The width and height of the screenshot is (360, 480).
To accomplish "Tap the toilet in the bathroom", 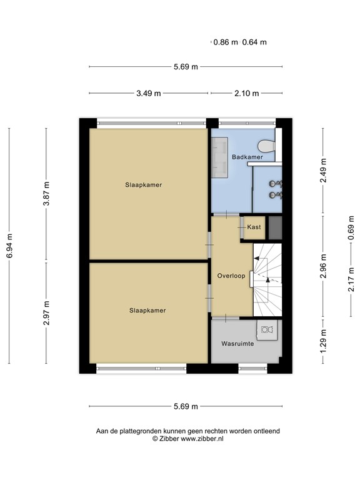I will click(267, 146).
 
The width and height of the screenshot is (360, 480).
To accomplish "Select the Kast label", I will click(254, 227).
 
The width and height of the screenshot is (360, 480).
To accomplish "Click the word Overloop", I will click(231, 276).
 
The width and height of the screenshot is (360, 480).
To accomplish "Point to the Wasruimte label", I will click(236, 344).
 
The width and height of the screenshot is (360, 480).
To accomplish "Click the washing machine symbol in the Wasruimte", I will click(267, 329).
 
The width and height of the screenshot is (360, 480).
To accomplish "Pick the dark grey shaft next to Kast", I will click(275, 227).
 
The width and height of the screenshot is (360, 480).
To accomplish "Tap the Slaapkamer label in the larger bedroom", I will click(147, 184).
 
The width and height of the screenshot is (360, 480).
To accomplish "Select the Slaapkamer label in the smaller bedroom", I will click(147, 309).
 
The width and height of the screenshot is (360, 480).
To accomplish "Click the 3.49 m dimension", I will click(149, 93).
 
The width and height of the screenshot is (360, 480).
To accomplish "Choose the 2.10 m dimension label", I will click(246, 93).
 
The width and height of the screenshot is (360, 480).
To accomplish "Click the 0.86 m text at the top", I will click(226, 42).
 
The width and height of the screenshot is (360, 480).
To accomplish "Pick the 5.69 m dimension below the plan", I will click(185, 406).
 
